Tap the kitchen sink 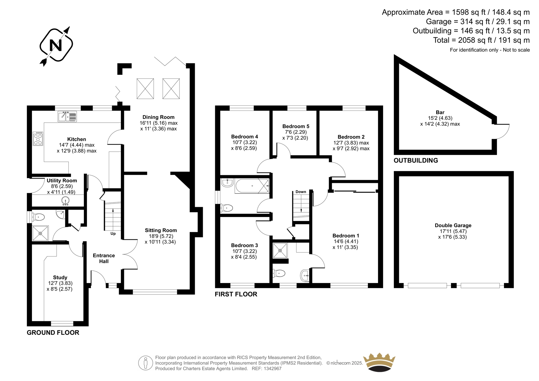[x=67, y=117]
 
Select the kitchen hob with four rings [x=38, y=139]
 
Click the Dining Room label [x=158, y=117]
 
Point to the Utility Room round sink [x=65, y=201]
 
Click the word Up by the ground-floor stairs [x=113, y=233]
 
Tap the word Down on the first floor [x=301, y=192]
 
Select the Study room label [x=60, y=278]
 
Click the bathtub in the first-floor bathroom [x=252, y=186]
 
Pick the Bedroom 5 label [x=296, y=126]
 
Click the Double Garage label [x=453, y=225]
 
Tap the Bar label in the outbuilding [x=440, y=113]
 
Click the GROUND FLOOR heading [x=53, y=332]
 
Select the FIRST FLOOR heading [x=236, y=294]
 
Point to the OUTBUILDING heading [x=416, y=161]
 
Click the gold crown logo [x=379, y=362]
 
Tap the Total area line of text [x=481, y=40]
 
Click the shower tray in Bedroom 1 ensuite [x=280, y=251]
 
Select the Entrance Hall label [x=104, y=258]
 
